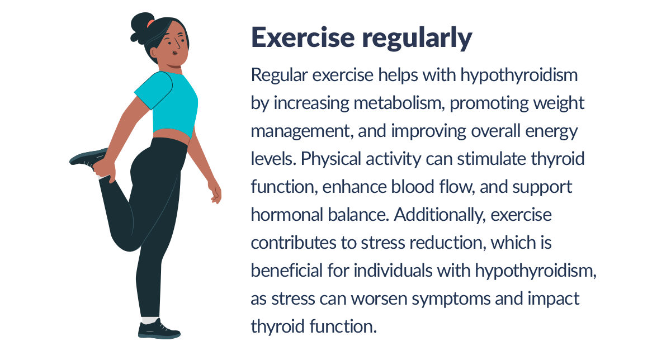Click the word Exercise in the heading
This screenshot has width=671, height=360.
[x=303, y=37]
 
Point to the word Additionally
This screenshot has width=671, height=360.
[x=439, y=215]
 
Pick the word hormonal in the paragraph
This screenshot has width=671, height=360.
[x=287, y=215]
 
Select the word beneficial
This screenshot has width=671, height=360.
[x=286, y=271]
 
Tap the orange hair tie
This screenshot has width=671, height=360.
[x=150, y=23]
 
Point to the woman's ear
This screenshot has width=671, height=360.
[x=153, y=53]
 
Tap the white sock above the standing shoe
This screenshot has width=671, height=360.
[x=149, y=320]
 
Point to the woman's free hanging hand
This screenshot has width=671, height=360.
[x=215, y=192]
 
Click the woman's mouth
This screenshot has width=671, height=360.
[x=175, y=53]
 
